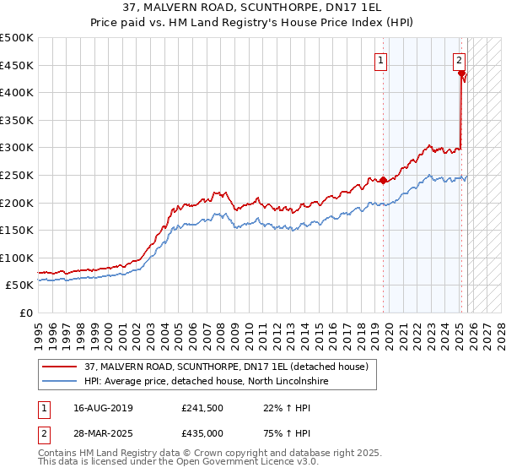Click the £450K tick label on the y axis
tap(18, 65)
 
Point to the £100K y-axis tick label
tap(18, 258)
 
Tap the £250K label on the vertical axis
tap(18, 175)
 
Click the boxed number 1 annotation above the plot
tap(381, 60)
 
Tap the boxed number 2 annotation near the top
tap(459, 60)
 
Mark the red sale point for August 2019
tap(383, 180)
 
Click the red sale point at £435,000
tap(461, 73)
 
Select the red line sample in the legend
tap(62, 367)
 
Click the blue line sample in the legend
tap(62, 382)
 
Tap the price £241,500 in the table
tap(202, 409)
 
